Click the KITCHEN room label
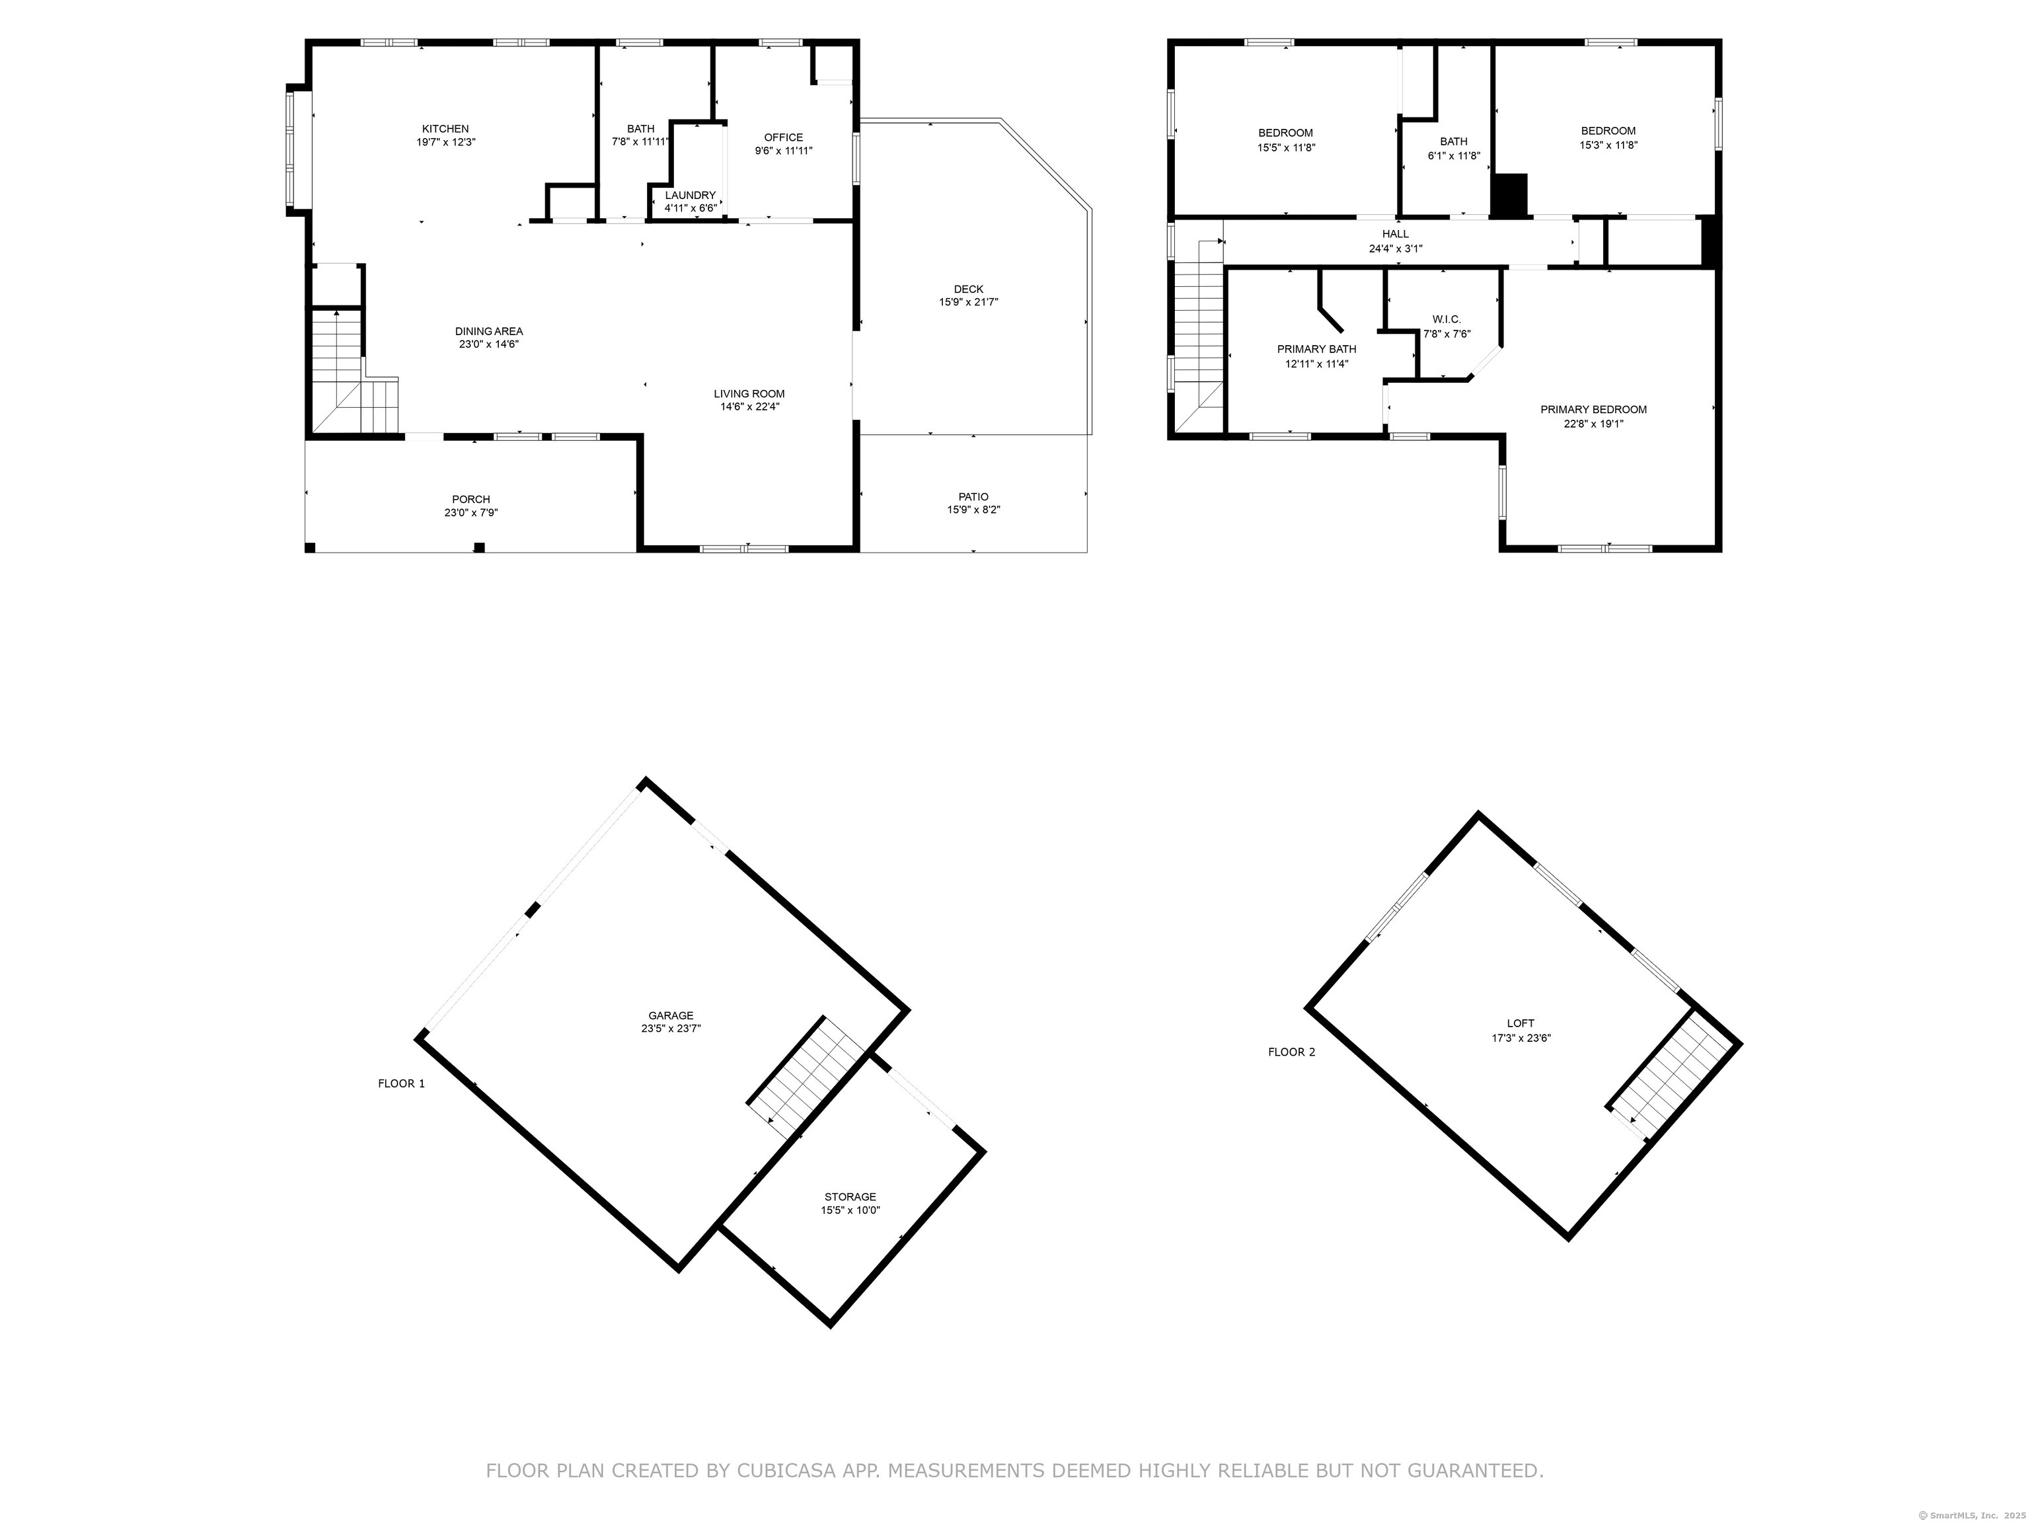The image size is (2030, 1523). click(445, 128)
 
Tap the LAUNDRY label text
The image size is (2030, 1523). click(690, 196)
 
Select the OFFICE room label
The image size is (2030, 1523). click(784, 137)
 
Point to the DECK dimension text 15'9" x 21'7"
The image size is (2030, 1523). click(968, 303)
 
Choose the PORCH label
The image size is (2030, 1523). click(470, 500)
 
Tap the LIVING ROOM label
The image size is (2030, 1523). click(750, 394)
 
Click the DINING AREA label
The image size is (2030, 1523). click(489, 331)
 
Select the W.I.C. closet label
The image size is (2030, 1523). click(1447, 319)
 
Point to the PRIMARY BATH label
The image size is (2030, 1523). click(1317, 350)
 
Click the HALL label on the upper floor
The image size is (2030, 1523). click(1395, 234)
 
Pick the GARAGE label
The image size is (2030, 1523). click(671, 1015)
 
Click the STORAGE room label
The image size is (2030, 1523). click(850, 1197)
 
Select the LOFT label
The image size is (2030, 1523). click(1521, 1023)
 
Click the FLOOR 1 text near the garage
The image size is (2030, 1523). click(402, 1083)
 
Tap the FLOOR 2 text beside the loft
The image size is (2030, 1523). click(1291, 1052)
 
